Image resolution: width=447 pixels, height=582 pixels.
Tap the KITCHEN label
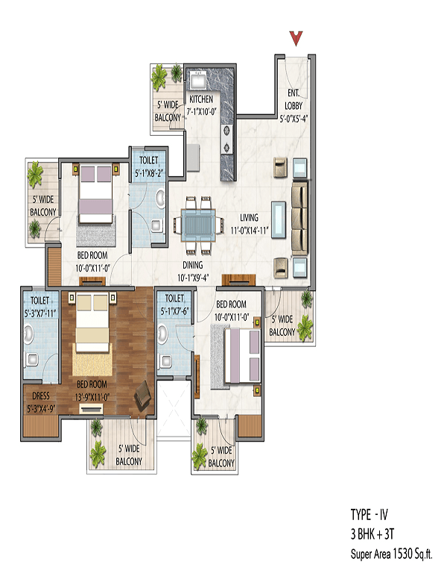(200, 99)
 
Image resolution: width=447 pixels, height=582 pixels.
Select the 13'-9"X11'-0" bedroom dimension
(92, 398)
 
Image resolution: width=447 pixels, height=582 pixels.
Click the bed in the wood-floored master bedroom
(93, 334)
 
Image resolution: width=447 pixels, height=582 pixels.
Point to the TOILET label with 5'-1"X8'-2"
(146, 168)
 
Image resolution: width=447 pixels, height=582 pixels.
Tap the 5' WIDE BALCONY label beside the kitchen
(166, 111)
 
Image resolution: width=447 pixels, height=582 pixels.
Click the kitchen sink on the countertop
(200, 79)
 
